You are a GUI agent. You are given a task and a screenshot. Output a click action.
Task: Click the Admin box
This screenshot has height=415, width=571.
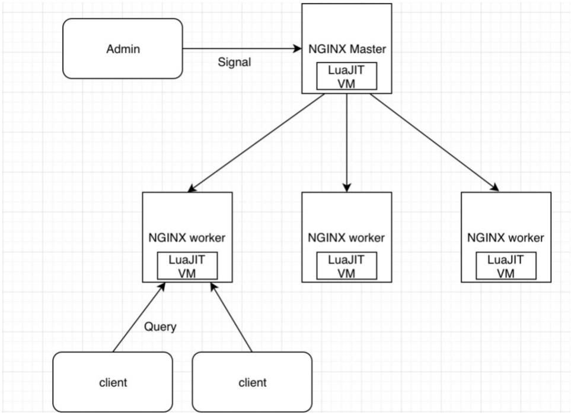point(123,49)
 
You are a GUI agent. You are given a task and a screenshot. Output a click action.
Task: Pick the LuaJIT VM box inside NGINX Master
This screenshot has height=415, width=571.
point(346,75)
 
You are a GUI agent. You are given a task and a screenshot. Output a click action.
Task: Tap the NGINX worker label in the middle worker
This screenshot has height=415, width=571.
point(346,239)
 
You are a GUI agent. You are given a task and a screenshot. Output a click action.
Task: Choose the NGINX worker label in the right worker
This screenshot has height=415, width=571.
point(506,239)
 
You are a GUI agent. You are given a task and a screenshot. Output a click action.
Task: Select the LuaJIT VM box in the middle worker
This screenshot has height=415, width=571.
point(346,265)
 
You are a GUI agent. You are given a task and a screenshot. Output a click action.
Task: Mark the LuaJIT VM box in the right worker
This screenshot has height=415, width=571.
point(506,265)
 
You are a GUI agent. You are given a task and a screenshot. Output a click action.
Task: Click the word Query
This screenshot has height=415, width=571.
point(160,327)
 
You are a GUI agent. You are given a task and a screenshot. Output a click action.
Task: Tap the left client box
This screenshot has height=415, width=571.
point(112,382)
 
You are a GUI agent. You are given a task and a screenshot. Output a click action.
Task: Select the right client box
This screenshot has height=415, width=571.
point(252,382)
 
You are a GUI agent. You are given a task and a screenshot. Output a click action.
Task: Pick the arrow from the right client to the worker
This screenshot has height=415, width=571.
point(231,318)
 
